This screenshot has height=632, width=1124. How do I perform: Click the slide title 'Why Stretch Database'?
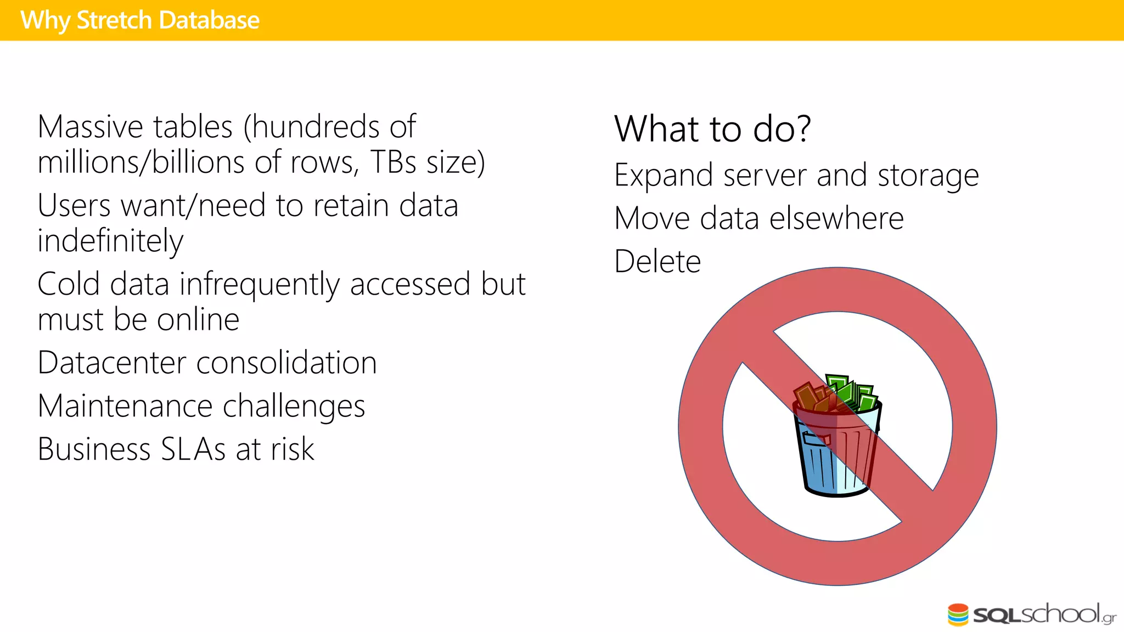point(140,20)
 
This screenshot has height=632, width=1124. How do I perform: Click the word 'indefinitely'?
point(110,241)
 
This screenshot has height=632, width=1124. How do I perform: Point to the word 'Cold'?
point(69,285)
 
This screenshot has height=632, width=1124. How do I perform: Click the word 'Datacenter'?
point(112,363)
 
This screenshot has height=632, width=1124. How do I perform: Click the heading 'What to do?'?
point(712,129)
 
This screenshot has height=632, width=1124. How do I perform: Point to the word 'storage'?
point(928,176)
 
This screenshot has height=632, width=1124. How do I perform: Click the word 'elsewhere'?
point(836,219)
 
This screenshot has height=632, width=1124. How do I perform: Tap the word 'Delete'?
point(657,262)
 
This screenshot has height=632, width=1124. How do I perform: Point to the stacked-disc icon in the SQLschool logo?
point(958,614)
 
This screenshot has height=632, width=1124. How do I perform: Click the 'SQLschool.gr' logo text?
point(1043,614)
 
